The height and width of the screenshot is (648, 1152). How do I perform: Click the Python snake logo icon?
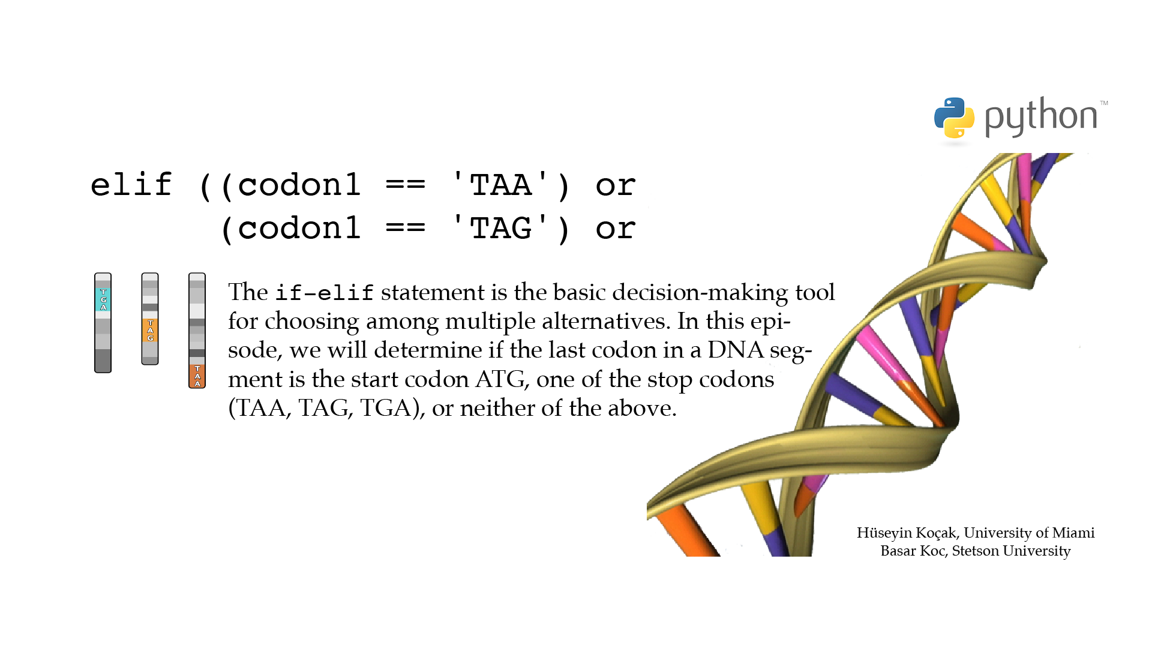(954, 118)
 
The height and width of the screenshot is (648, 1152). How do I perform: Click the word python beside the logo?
(1041, 117)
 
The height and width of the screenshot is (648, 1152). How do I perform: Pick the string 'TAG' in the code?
(500, 228)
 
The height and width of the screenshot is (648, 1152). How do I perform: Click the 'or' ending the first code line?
(616, 186)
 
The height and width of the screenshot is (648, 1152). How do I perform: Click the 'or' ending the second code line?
(616, 230)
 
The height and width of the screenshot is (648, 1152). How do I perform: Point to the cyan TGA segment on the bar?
(103, 299)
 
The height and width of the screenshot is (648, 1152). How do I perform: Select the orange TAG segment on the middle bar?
(150, 331)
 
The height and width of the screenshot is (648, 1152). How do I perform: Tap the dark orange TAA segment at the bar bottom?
(197, 376)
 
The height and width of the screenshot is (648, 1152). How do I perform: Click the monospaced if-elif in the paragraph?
(325, 293)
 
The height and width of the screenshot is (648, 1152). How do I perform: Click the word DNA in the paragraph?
(735, 350)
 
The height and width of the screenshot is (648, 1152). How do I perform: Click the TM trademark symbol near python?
(1104, 103)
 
